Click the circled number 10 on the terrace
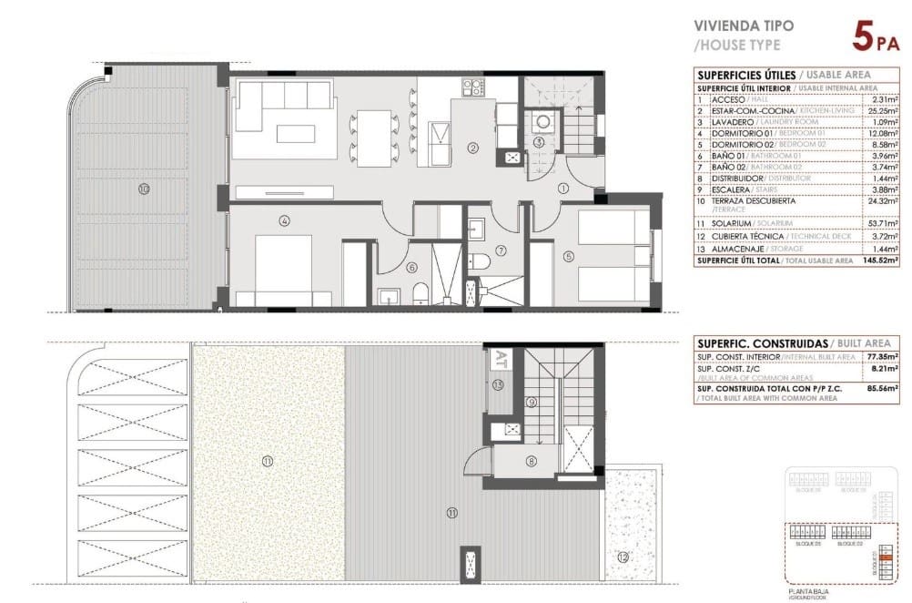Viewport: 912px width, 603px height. point(144,189)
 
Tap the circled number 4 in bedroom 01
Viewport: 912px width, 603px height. point(285,220)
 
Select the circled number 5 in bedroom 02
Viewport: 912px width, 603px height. point(569,257)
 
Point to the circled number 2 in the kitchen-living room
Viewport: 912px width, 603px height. point(473,148)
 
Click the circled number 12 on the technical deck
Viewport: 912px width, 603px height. point(622,557)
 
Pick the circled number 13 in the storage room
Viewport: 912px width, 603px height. point(498,385)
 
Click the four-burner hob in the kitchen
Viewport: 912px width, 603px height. point(472,87)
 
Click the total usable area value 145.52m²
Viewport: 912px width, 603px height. point(878,261)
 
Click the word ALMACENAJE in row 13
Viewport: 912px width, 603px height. point(735,249)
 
